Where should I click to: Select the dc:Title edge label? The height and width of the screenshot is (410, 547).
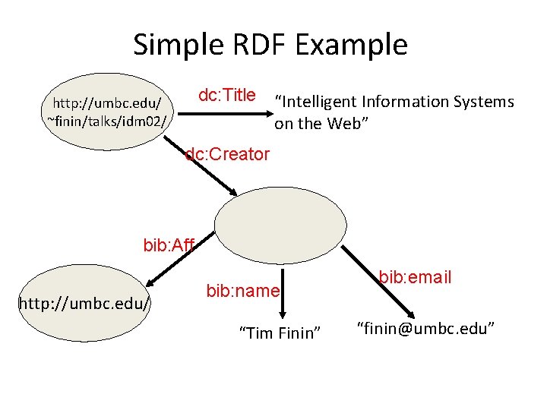(x=226, y=96)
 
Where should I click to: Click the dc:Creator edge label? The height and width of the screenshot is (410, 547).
(x=228, y=155)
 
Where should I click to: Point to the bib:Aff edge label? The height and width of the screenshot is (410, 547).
(x=169, y=245)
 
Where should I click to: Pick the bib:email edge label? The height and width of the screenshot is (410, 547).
(x=415, y=277)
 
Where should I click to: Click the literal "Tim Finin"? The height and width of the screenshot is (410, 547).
(x=280, y=333)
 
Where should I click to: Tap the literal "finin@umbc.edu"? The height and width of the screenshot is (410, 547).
(x=426, y=329)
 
